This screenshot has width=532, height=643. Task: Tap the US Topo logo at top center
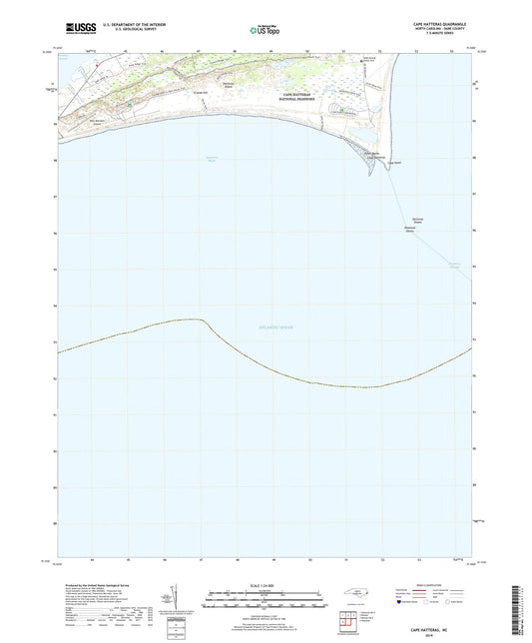click(x=265, y=30)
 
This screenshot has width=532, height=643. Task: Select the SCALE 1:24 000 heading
click(x=264, y=584)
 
